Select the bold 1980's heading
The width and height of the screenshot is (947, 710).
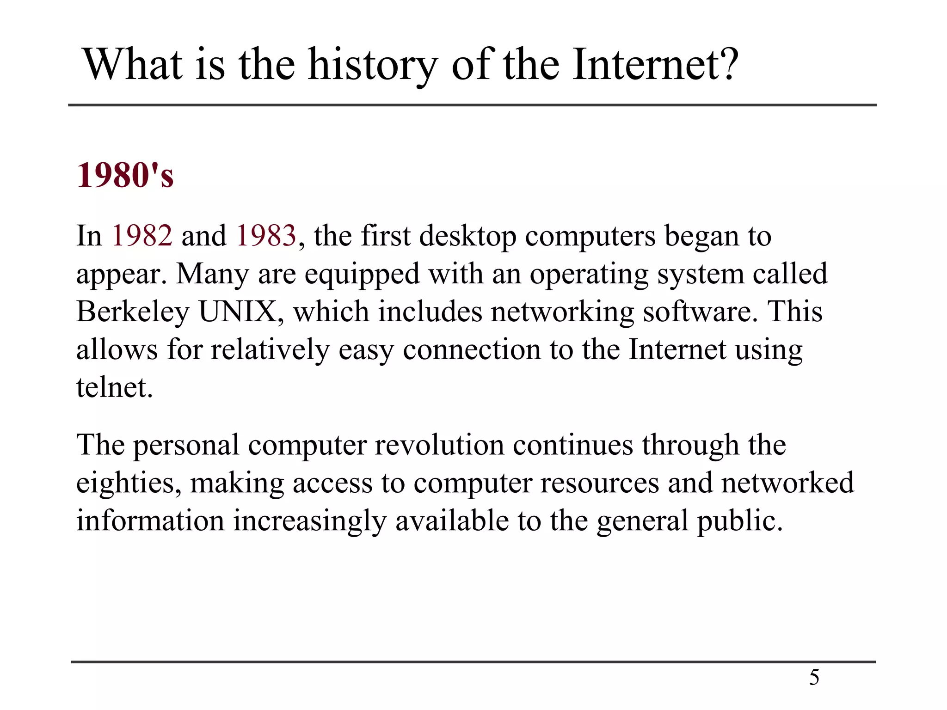click(125, 176)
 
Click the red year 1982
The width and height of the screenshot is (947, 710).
click(142, 236)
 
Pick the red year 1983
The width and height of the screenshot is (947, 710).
click(266, 236)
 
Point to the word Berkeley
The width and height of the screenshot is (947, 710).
click(133, 312)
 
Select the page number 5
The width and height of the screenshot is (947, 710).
click(814, 678)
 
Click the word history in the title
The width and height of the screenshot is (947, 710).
click(373, 66)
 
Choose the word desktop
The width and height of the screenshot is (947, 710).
click(467, 236)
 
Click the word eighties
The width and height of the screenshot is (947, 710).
click(128, 484)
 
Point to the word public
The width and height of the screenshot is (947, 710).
click(739, 521)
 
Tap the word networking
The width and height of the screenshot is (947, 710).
click(562, 312)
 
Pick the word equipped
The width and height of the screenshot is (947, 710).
click(362, 274)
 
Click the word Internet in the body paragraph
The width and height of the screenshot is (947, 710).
click(677, 350)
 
